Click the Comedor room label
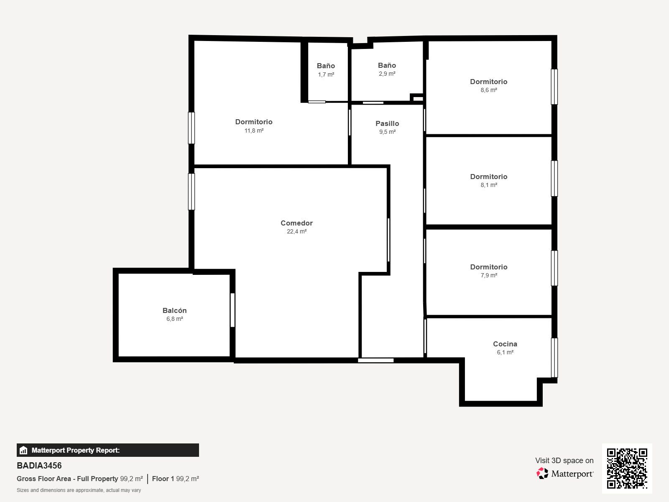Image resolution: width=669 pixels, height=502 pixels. click(296, 223)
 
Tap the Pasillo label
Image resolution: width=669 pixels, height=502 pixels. click(387, 123)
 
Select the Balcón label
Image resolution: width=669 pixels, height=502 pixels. click(174, 310)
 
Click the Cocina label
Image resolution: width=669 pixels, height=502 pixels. click(505, 344)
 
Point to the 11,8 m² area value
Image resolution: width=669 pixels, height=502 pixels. click(254, 131)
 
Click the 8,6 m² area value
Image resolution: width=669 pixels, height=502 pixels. click(489, 90)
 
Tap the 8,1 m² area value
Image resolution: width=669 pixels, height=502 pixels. click(489, 185)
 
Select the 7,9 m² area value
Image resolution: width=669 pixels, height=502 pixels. click(489, 276)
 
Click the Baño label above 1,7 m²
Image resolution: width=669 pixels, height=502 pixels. click(326, 66)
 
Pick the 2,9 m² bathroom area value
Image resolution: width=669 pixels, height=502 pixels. click(387, 74)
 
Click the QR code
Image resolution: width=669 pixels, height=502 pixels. click(627, 469)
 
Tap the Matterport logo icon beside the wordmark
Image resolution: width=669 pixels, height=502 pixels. click(542, 474)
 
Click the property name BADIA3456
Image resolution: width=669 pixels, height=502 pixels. click(39, 466)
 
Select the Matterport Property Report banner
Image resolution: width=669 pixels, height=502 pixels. click(107, 450)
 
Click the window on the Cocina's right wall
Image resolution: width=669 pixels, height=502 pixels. click(554, 358)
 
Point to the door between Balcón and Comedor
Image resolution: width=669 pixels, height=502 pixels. click(232, 310)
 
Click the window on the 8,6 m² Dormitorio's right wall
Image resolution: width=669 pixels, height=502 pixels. click(554, 87)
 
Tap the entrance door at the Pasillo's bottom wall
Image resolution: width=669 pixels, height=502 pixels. click(376, 360)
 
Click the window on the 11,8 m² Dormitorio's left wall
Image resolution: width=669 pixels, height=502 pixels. click(192, 128)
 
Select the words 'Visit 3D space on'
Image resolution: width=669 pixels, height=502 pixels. click(564, 461)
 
